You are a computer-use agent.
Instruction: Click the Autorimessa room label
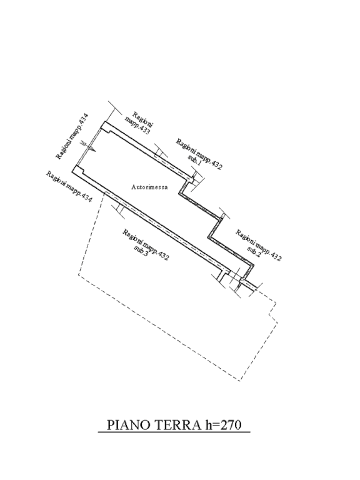point(149,187)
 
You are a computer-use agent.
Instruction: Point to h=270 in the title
point(221,425)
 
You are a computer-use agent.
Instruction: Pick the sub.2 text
point(254,252)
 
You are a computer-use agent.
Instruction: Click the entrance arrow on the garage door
point(89,146)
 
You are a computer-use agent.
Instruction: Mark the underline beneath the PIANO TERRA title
point(174,432)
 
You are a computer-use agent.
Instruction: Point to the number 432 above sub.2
point(276,256)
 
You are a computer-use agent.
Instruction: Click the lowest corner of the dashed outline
point(240,381)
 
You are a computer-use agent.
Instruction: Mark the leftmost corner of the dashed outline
point(78,274)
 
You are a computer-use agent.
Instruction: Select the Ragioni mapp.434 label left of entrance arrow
point(72,136)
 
